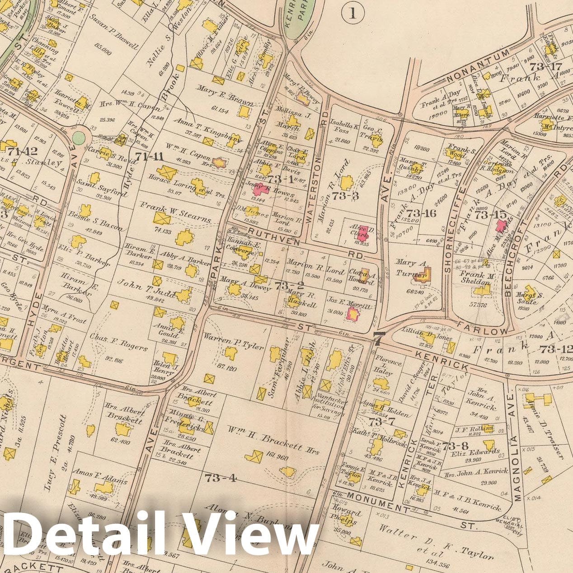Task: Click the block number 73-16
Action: point(421,213)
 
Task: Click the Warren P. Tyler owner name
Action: point(233,341)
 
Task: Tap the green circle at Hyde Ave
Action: point(79,137)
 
